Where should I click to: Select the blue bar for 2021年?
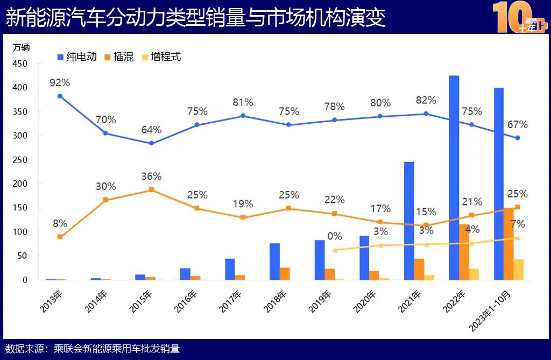409,221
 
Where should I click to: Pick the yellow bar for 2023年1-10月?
518,269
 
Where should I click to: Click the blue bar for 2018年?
274,262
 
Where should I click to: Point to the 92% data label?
60,83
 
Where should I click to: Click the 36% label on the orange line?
151,177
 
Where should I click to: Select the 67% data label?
517,125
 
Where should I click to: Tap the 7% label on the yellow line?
518,224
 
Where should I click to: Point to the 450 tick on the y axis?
20,63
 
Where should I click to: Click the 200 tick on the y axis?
20,184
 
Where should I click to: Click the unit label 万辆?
21,47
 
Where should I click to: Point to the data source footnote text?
93,349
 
